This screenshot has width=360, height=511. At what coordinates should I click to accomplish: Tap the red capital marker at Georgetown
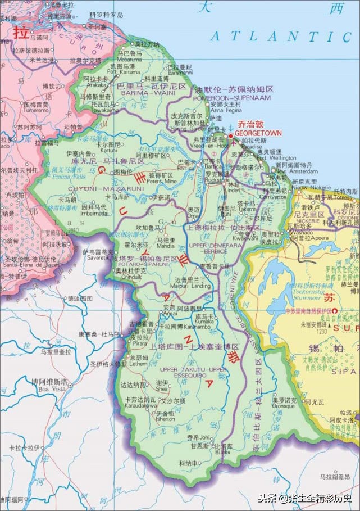[230, 135]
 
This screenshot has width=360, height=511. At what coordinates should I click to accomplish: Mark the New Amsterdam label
[289, 172]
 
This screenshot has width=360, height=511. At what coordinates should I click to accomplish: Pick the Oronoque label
[284, 406]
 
